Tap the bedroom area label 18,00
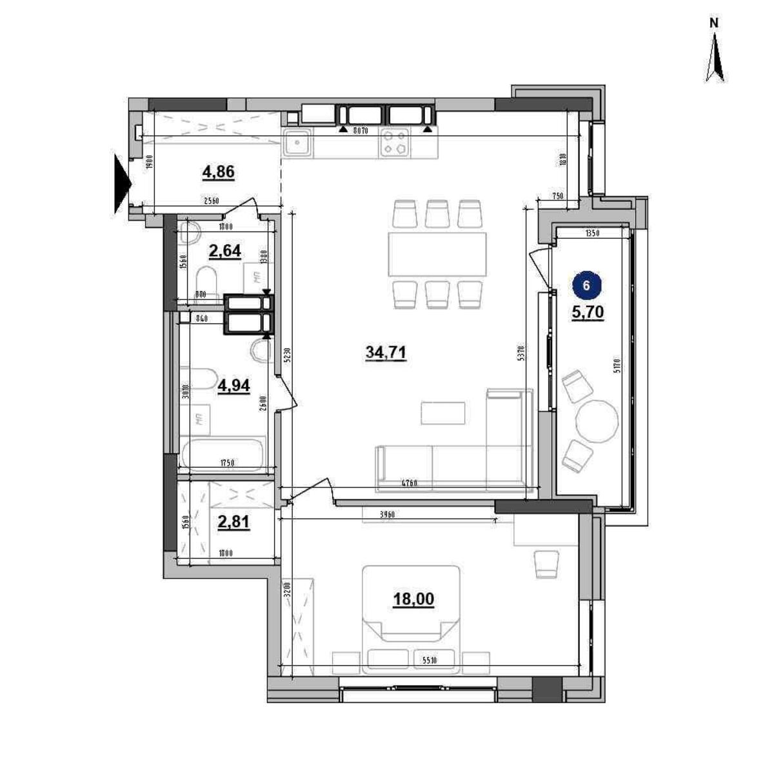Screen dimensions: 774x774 click(x=413, y=599)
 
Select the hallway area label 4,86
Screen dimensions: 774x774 click(x=218, y=172)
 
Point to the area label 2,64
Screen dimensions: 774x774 click(x=225, y=250)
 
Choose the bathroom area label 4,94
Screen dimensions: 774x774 click(x=233, y=385)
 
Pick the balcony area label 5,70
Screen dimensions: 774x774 click(x=587, y=312)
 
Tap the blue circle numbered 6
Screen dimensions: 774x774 click(x=586, y=285)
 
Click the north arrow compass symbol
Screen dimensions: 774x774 click(x=714, y=61)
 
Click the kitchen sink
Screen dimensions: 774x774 click(x=297, y=143)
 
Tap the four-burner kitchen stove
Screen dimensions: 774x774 click(x=395, y=143)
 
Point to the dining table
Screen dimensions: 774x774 click(x=437, y=254)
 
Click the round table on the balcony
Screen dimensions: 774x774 click(x=596, y=420)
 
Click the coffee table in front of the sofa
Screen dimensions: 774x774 click(x=443, y=413)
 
